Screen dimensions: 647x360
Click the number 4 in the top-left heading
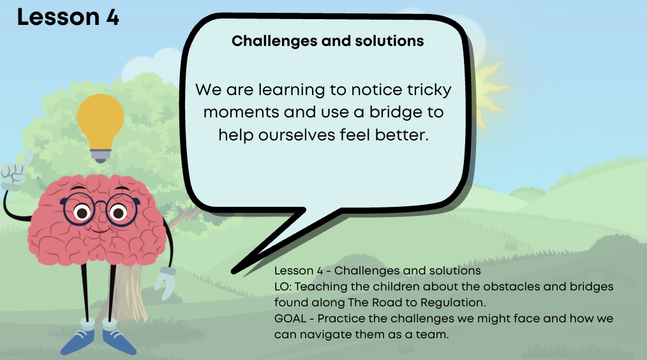pyautogui.click(x=112, y=18)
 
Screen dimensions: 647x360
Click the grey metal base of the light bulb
pyautogui.click(x=101, y=156)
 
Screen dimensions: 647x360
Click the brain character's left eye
pyautogui.click(x=82, y=213)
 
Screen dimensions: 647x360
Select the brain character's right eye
pyautogui.click(x=119, y=213)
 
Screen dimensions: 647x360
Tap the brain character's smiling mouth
pyautogui.click(x=99, y=230)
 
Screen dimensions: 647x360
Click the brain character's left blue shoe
pyautogui.click(x=78, y=340)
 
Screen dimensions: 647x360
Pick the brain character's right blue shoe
pyautogui.click(x=119, y=341)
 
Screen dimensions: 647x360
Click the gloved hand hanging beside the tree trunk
pyautogui.click(x=165, y=283)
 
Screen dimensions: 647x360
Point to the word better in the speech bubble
pyautogui.click(x=401, y=135)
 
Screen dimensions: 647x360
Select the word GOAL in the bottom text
pyautogui.click(x=290, y=319)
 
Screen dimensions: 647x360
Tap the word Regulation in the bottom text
pyautogui.click(x=453, y=303)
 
